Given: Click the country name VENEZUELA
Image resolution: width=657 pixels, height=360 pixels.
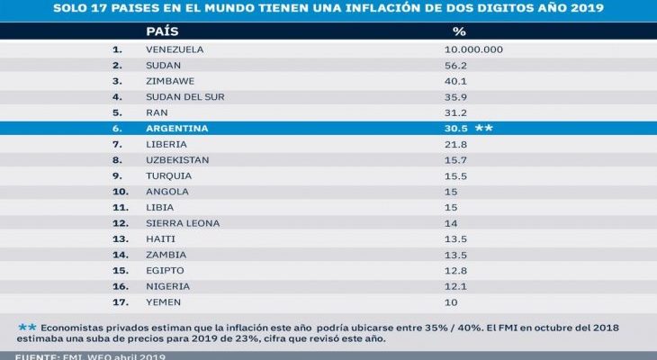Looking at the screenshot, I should click(175, 49).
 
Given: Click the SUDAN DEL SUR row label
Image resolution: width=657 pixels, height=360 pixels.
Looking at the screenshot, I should click(184, 96).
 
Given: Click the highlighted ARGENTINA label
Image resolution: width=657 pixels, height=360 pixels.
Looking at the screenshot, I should click(176, 129).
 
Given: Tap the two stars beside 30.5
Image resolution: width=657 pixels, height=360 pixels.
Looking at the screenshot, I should click(484, 129).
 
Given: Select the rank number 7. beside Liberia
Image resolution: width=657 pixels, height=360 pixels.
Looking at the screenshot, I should click(117, 144).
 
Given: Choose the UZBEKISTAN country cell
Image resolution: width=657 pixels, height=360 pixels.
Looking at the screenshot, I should click(177, 160).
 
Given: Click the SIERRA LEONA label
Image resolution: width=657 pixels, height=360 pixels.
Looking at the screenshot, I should click(182, 223).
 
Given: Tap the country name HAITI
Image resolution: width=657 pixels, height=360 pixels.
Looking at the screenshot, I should click(160, 239).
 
